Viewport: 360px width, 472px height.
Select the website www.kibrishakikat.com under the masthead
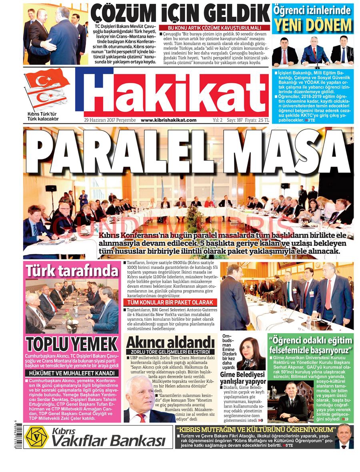[168, 120]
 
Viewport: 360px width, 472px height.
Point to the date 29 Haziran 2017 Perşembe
[110, 120]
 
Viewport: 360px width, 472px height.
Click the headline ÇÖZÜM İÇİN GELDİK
[180, 14]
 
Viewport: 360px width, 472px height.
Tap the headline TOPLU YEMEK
[72, 343]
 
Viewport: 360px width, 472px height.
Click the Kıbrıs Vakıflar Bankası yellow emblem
[36, 437]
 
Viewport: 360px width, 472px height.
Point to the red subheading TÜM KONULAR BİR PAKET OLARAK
[170, 302]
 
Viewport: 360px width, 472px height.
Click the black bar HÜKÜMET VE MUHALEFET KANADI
[72, 373]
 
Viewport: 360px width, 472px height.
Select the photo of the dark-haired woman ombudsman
[251, 353]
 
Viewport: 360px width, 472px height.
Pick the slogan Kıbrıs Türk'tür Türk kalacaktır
[43, 116]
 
